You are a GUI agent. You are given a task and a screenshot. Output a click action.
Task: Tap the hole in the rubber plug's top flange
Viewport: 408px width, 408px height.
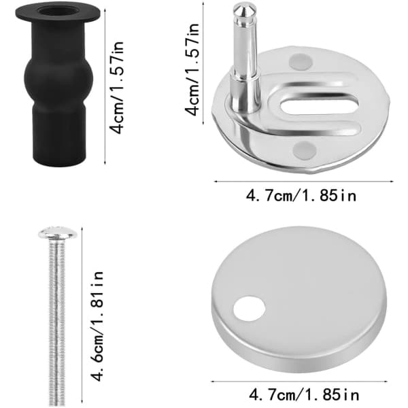[58, 10]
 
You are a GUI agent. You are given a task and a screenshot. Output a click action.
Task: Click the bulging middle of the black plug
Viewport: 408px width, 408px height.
[58, 76]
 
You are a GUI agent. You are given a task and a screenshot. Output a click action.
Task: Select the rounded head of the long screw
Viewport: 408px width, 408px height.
[58, 233]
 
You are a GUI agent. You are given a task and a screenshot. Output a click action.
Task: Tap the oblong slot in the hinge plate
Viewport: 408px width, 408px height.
[319, 104]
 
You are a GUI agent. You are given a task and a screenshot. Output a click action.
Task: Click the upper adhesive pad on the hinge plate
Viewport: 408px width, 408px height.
[301, 62]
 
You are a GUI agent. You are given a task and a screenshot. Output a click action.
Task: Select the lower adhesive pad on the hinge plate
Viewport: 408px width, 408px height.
[305, 150]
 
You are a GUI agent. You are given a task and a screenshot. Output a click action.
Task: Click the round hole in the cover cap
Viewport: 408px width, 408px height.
[249, 309]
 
